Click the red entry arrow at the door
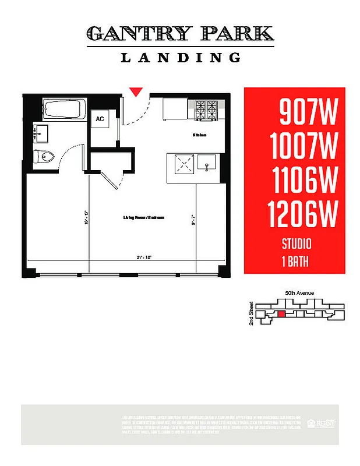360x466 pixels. coord(136,91)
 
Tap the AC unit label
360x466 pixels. coord(100,119)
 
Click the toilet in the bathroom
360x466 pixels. coord(44,156)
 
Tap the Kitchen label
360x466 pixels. coord(200,135)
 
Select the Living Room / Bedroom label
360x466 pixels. coord(143,217)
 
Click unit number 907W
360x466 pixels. coord(308,112)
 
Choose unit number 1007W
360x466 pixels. coord(303,146)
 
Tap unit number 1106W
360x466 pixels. coord(304,181)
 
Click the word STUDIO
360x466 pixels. coord(297,244)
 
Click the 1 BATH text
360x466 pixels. coord(295,262)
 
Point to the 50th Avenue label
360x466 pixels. coord(300,292)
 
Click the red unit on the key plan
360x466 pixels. coord(281,314)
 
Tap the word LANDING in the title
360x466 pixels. coord(181,58)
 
